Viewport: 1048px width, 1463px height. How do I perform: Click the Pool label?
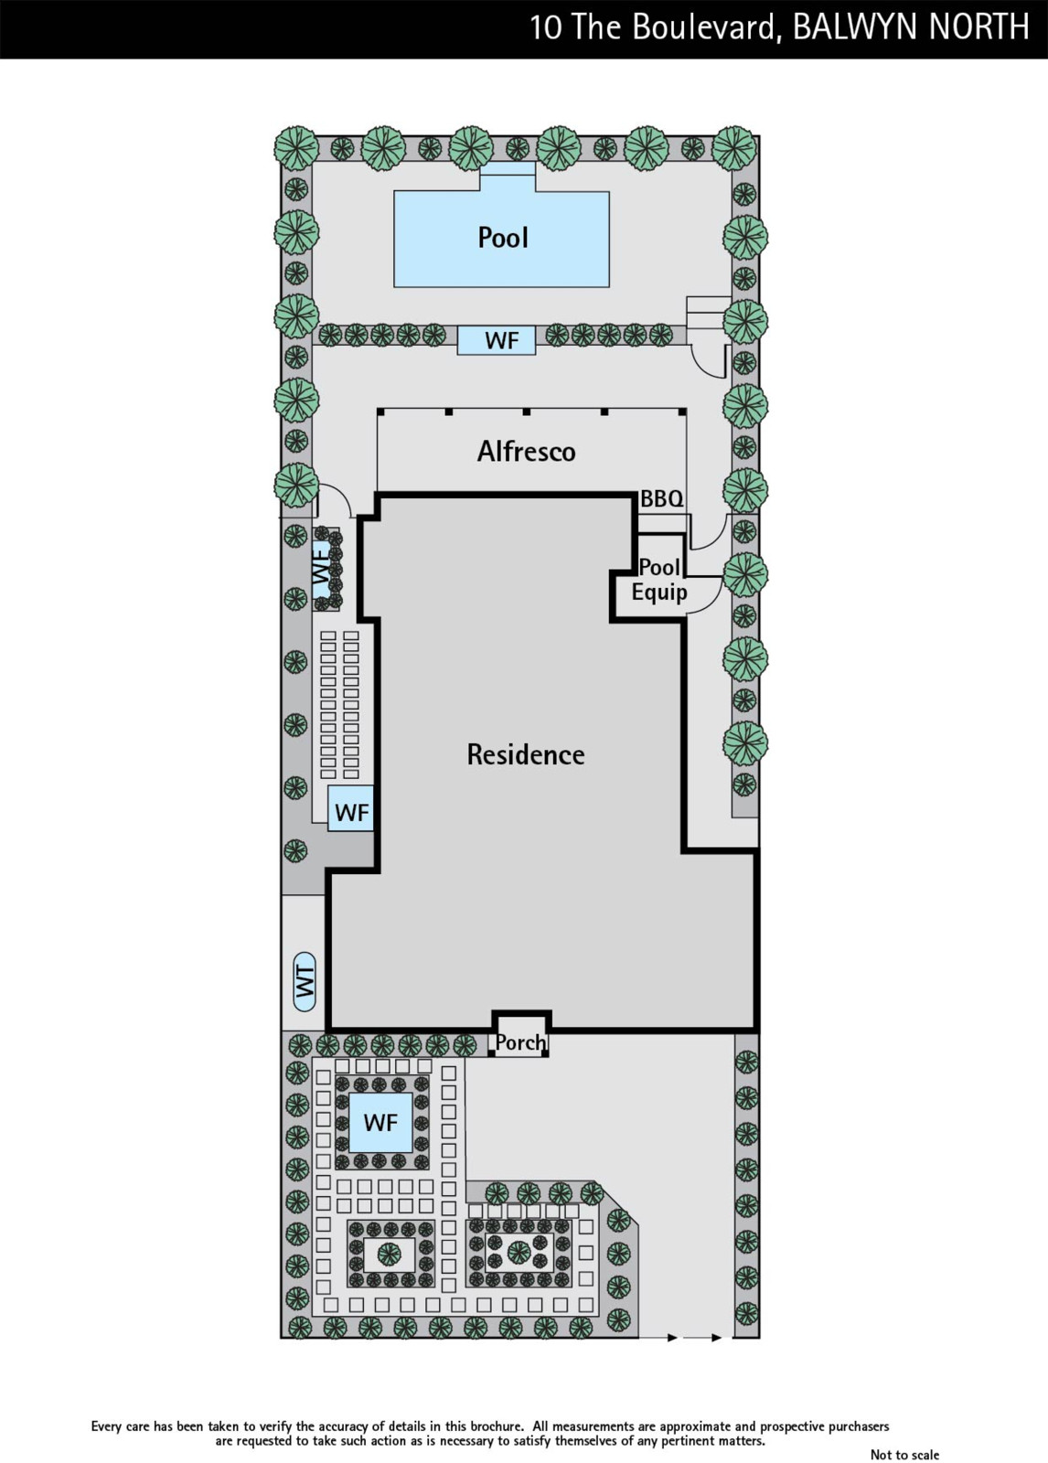[x=503, y=238]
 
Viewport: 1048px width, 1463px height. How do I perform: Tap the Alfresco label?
[x=526, y=451]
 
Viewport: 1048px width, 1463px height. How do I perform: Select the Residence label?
[x=525, y=754]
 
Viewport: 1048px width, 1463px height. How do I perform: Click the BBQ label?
[x=661, y=499]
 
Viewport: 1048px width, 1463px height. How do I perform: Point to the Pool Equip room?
[x=658, y=580]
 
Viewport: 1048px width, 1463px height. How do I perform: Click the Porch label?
[x=519, y=1042]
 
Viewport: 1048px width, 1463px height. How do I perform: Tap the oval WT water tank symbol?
[x=305, y=981]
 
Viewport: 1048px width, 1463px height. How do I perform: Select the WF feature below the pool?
[x=501, y=340]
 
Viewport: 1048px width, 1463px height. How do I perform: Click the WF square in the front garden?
[x=380, y=1122]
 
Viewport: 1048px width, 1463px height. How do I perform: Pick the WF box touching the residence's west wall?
[x=351, y=811]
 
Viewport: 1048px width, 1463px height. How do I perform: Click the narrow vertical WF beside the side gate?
[x=321, y=566]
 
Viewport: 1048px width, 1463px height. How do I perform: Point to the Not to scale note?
[x=904, y=1455]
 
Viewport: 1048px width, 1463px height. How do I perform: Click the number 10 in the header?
[x=545, y=27]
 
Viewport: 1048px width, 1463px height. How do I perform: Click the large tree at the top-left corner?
[x=297, y=146]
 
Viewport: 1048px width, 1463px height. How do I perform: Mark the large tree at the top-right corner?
[x=735, y=146]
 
